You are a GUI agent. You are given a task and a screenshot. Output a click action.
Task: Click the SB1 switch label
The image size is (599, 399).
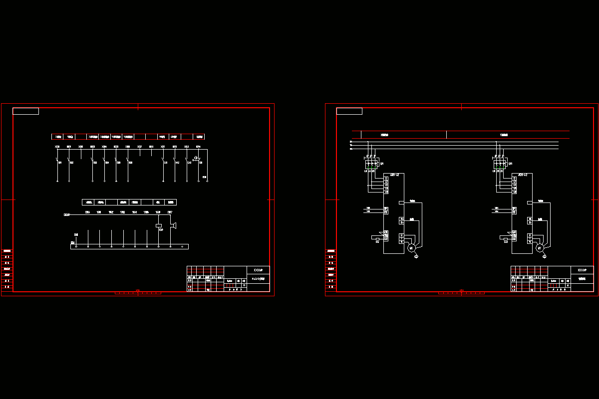(60, 163)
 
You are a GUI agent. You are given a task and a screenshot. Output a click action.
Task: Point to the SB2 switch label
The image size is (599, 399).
(71, 163)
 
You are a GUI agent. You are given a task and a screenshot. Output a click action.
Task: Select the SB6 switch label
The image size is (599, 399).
(130, 163)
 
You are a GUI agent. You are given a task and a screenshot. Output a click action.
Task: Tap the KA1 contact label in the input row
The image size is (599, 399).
(166, 163)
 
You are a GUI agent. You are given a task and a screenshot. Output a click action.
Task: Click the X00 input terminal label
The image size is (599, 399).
(57, 147)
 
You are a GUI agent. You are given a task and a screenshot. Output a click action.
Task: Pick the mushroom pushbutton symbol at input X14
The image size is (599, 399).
(197, 158)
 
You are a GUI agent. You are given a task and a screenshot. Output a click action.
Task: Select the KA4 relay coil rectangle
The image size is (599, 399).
(159, 225)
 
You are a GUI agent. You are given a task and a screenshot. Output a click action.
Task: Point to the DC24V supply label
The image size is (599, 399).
(66, 215)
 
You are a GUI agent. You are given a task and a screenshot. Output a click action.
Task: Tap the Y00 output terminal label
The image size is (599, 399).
(87, 212)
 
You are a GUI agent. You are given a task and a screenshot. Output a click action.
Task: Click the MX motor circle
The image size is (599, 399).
(411, 248)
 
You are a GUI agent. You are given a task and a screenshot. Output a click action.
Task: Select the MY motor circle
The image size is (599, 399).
(539, 248)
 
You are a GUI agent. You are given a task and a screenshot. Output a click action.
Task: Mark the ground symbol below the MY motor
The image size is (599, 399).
(545, 256)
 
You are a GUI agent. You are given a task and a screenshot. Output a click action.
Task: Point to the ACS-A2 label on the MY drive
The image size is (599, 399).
(523, 175)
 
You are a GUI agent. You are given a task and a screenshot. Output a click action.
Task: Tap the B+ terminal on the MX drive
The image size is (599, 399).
(401, 219)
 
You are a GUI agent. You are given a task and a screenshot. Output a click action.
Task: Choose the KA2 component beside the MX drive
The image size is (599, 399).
(376, 238)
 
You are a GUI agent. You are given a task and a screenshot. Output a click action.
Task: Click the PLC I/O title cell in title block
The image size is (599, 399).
(258, 279)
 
